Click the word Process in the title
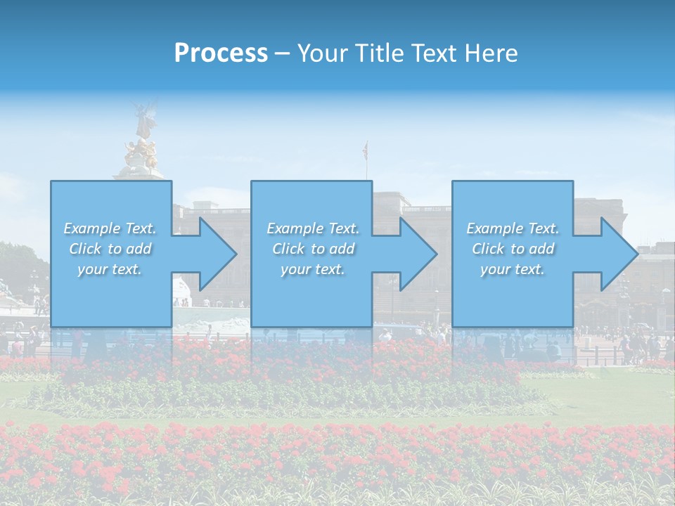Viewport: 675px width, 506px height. coord(221,53)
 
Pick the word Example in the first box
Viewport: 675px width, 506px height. coord(92,228)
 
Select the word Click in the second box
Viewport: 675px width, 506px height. coord(288,249)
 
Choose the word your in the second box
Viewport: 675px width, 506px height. coord(295,269)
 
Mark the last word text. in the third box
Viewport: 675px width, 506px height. coord(529,269)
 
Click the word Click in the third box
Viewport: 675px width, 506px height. coord(488,249)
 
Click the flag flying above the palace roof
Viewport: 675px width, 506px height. coord(365,149)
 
